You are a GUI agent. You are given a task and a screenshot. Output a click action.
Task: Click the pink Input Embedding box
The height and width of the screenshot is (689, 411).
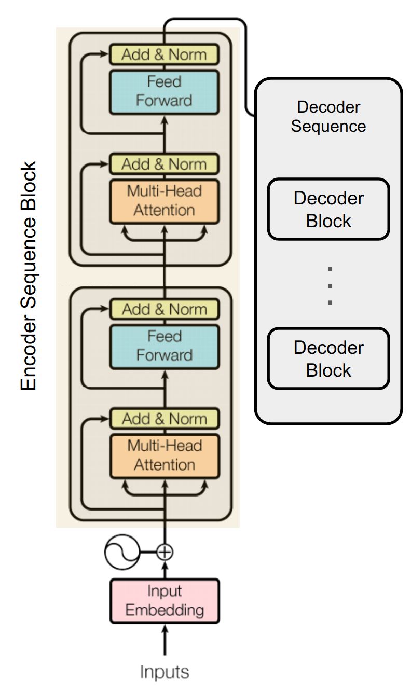coord(165,600)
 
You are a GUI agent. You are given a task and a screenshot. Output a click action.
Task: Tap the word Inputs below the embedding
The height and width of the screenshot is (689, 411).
coord(165,672)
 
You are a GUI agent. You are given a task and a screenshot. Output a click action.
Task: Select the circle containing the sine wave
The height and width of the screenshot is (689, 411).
coord(120,552)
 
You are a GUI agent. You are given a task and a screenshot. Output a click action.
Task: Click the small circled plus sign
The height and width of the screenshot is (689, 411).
coord(165,552)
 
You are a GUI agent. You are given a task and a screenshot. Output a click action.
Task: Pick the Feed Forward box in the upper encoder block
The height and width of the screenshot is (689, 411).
coord(164,91)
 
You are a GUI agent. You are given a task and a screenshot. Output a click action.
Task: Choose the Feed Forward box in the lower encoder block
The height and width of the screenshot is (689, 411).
coord(164,346)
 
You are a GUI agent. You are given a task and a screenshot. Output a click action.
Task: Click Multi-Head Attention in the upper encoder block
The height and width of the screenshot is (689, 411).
coord(164,201)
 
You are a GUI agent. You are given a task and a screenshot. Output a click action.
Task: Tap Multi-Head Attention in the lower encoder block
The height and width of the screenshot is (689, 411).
coord(164,455)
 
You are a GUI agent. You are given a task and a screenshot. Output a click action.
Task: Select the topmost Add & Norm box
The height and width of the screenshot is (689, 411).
coord(164,54)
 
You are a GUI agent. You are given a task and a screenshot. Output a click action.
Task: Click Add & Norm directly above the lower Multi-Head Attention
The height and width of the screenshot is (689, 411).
coord(164,419)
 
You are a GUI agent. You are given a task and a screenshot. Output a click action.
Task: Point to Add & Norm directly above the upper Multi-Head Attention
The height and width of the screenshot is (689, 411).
coord(164,164)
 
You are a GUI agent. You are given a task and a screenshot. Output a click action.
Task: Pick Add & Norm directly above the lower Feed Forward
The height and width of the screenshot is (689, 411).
coord(164,310)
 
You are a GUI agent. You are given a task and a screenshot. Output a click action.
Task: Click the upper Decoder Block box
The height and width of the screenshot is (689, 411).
coord(328,209)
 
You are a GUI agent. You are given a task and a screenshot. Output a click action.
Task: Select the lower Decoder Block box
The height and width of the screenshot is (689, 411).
coord(328,359)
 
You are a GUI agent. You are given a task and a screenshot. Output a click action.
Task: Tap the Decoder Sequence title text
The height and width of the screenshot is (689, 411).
coord(328,117)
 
